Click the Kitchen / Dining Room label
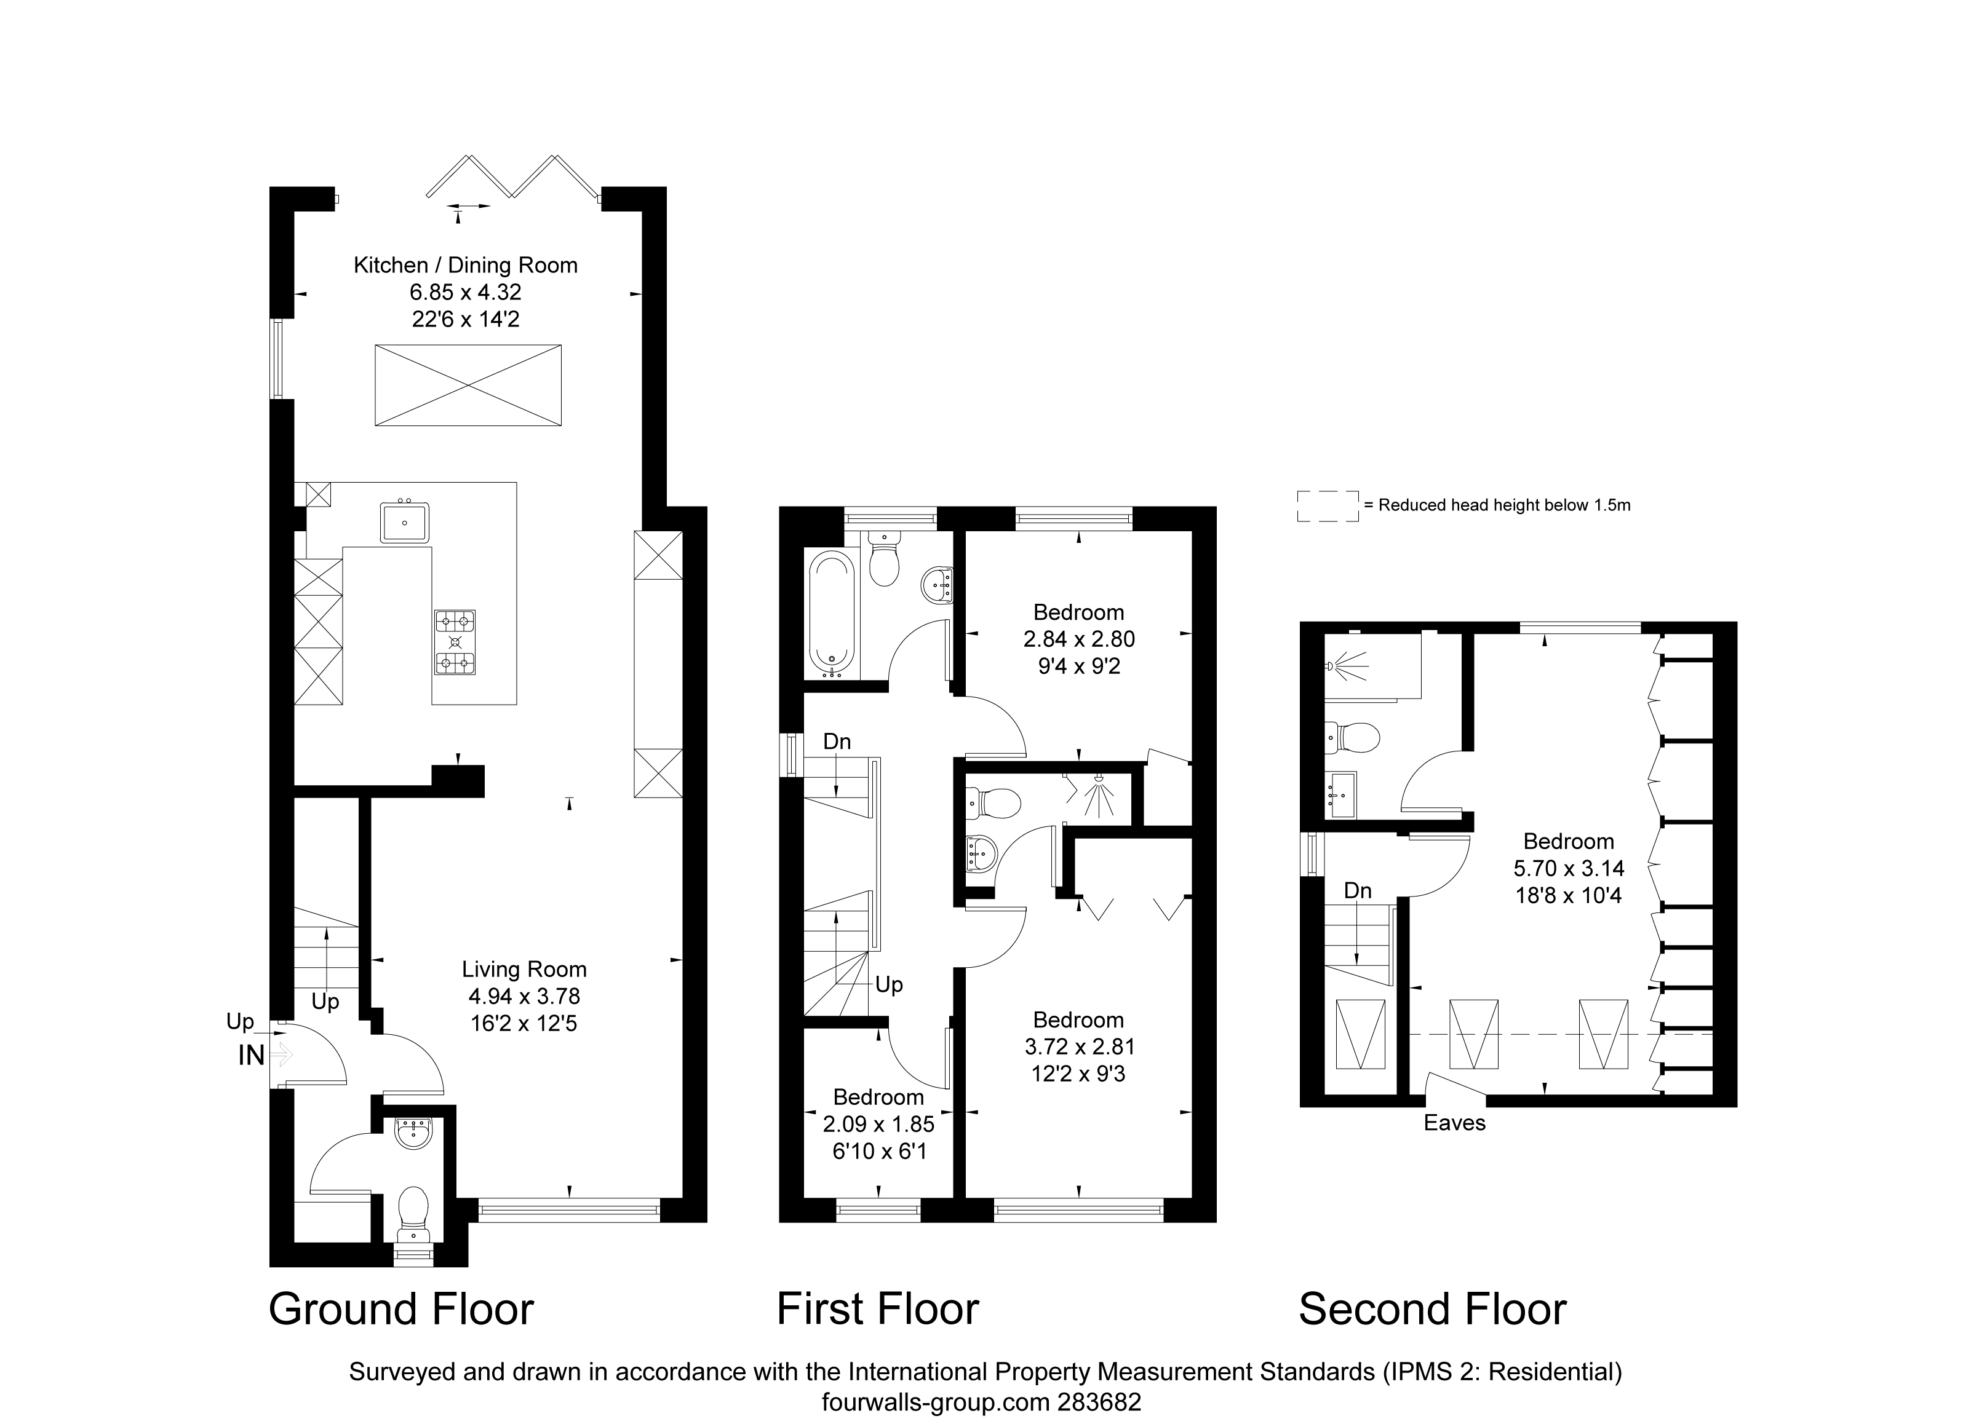point(466,266)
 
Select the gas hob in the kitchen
point(455,642)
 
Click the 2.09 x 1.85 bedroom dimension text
point(878,1125)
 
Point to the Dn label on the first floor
point(837,742)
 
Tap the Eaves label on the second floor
point(1455,1123)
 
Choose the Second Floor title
point(1433,1309)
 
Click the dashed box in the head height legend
point(1328,506)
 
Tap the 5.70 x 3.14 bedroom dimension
point(1568,869)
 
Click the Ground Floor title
point(402,1309)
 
